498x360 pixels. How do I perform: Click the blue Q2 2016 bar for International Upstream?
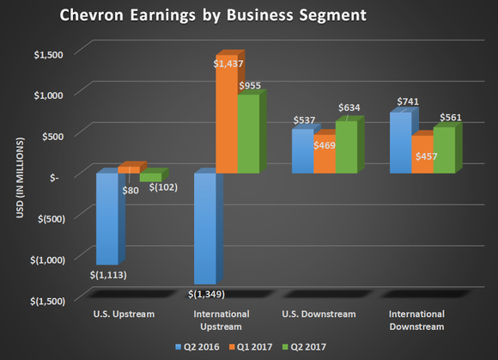204,229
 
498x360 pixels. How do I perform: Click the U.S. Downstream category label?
323,314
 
